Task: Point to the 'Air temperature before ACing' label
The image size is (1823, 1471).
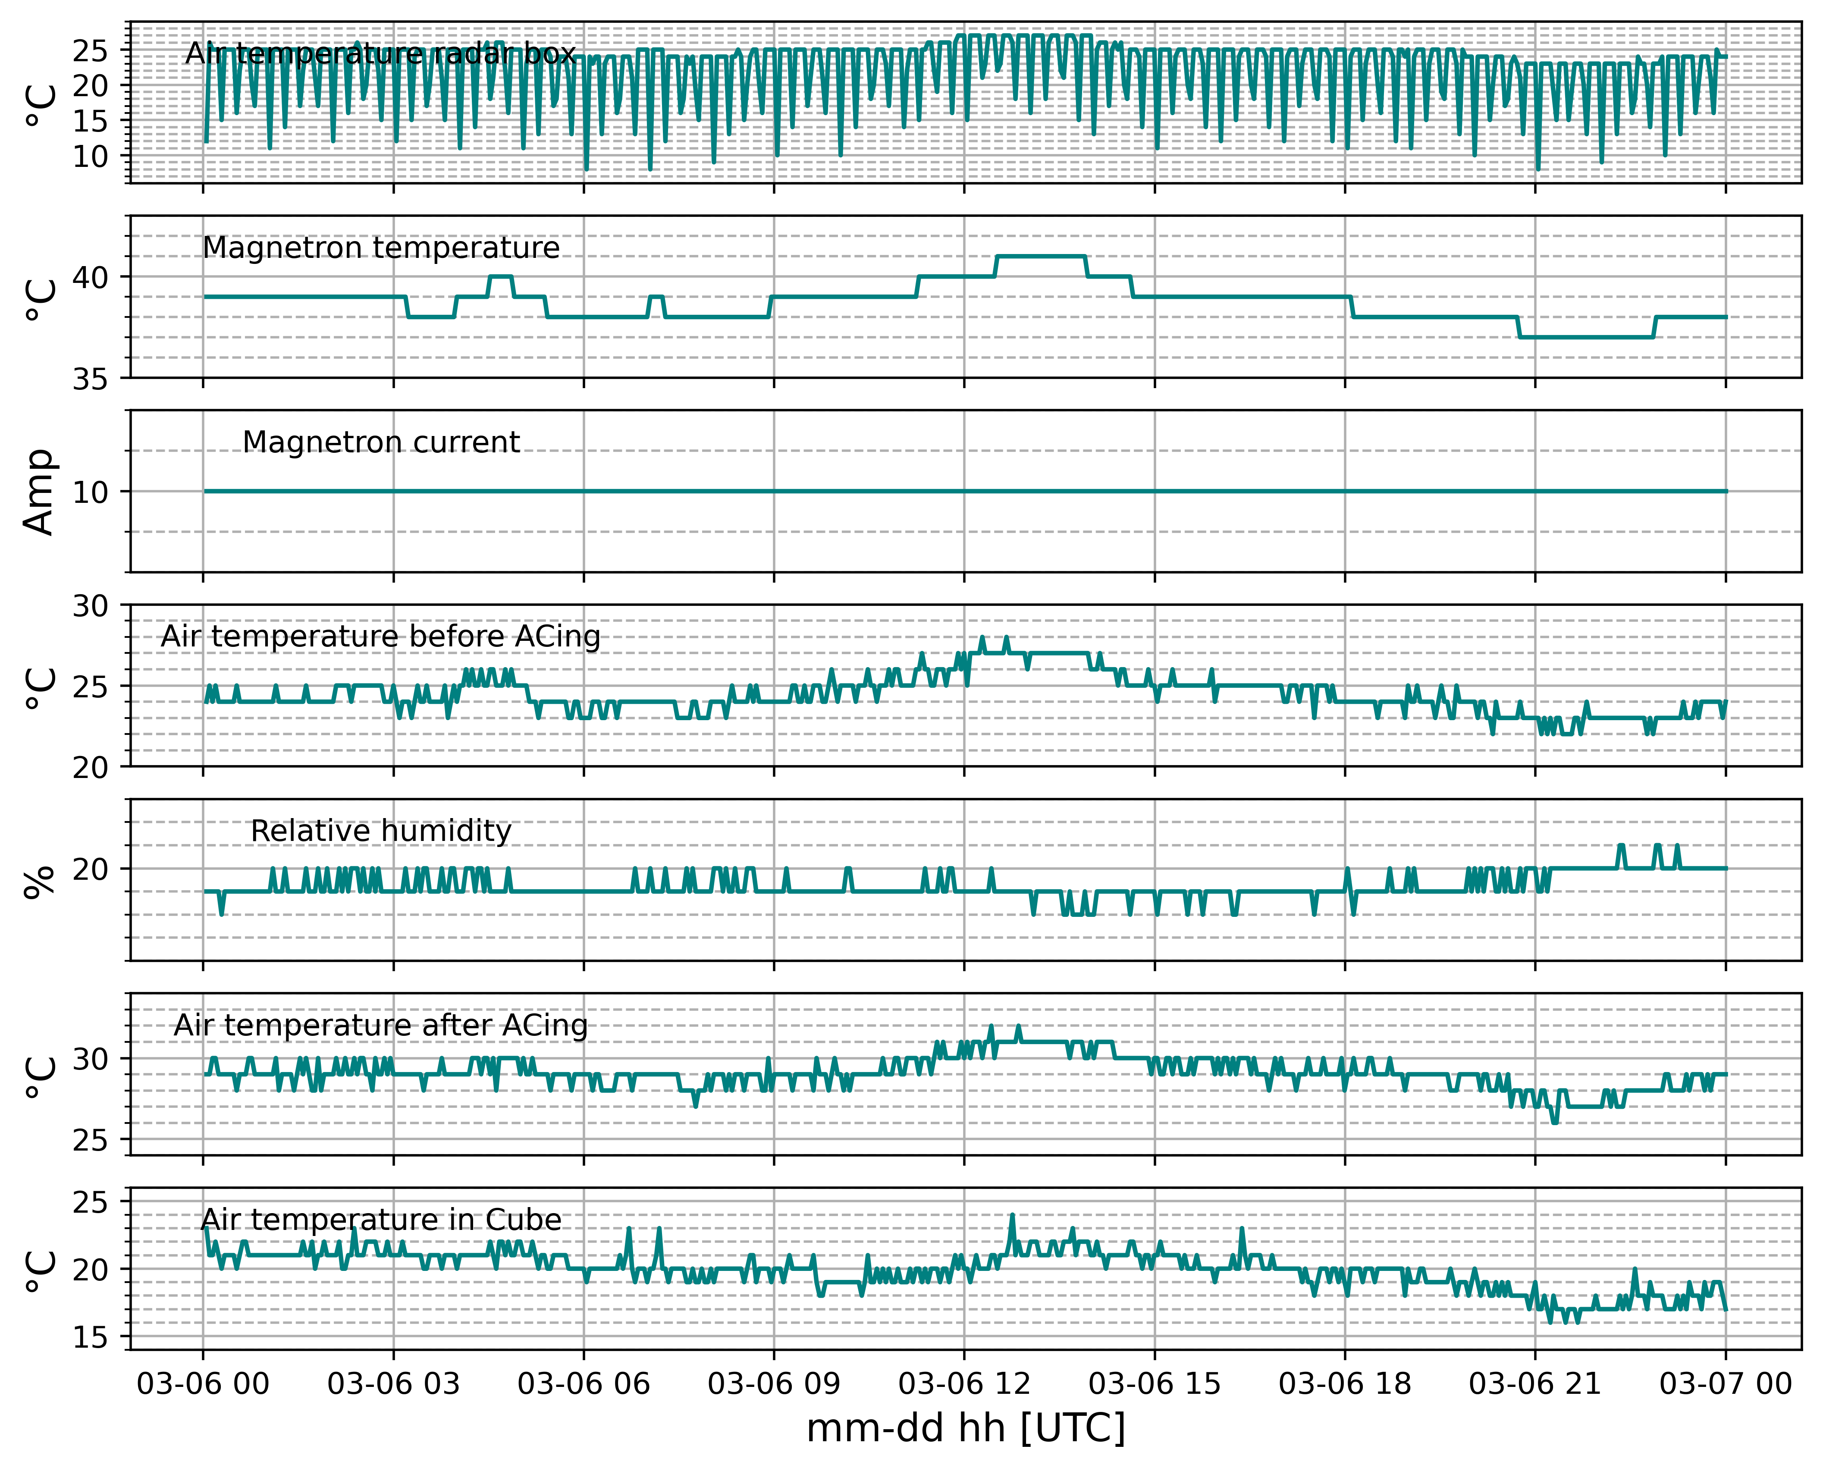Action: (380, 637)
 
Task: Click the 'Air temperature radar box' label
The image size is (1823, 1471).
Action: (380, 53)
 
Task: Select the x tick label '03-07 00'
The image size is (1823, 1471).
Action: (1726, 1384)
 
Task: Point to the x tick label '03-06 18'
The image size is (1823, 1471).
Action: (1345, 1384)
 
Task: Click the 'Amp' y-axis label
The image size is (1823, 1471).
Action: (39, 492)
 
